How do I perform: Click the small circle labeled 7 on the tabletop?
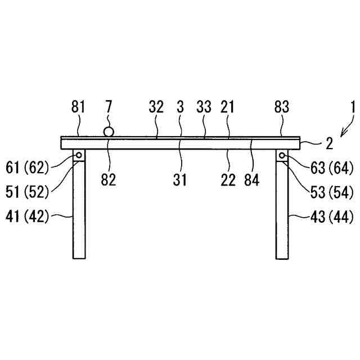[108, 132]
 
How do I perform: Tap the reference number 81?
[78, 106]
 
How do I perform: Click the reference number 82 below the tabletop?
[109, 179]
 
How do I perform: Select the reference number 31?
[180, 179]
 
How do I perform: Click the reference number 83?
[282, 106]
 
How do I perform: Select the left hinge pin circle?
[79, 155]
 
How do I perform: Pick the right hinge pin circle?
[282, 155]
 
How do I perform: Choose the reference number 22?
[229, 179]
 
